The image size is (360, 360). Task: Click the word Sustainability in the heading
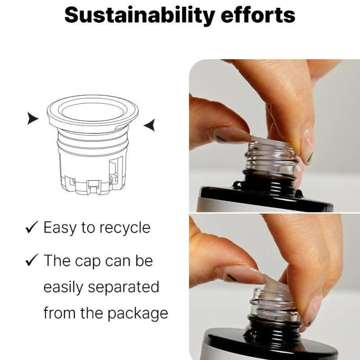point(140,15)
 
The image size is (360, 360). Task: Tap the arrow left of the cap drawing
point(33,118)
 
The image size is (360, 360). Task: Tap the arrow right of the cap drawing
point(149,125)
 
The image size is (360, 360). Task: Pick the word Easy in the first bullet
point(60,228)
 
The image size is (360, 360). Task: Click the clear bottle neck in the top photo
point(271,159)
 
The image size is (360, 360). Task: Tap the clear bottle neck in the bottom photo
point(275,303)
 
